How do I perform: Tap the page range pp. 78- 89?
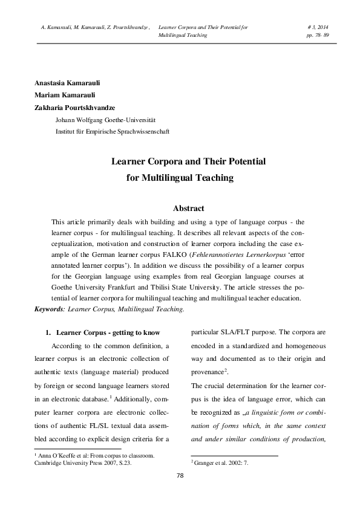(318, 36)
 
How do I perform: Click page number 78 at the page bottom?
(180, 475)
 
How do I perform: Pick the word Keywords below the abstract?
(50, 309)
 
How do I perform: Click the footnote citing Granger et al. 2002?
(220, 462)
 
